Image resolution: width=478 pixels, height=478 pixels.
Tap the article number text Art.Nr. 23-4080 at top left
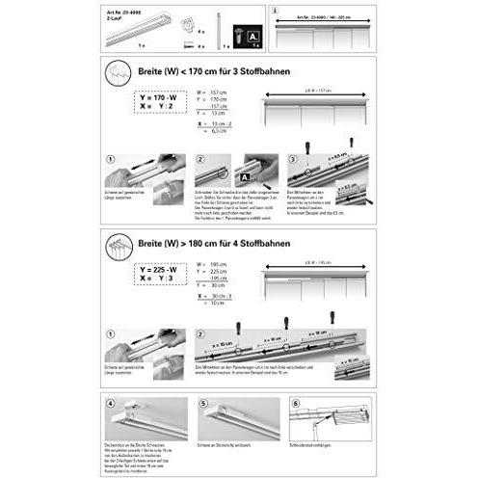tap(124, 12)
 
